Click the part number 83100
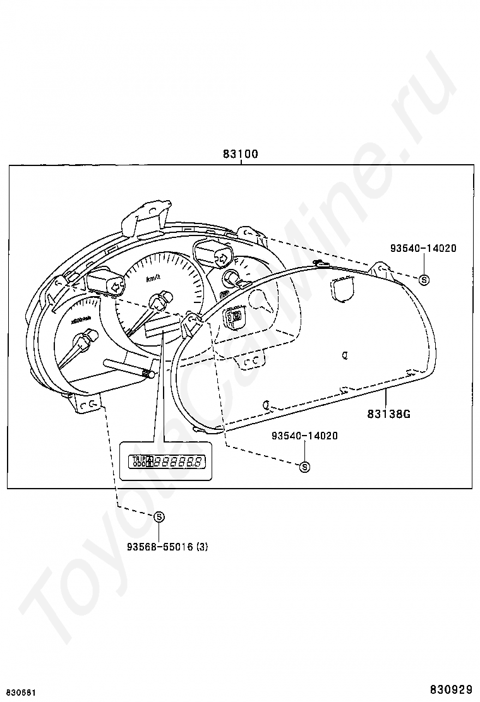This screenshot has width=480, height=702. [x=240, y=154]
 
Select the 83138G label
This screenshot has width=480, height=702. [x=389, y=414]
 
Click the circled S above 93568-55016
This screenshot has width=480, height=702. [x=159, y=516]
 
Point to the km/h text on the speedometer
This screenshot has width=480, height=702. [x=153, y=278]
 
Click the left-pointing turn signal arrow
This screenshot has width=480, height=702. [x=116, y=286]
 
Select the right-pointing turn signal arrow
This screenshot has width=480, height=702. [x=222, y=257]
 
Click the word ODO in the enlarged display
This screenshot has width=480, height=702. [x=135, y=465]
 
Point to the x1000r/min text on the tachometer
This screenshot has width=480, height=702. [x=81, y=321]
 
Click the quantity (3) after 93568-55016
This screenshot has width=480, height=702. [x=201, y=547]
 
